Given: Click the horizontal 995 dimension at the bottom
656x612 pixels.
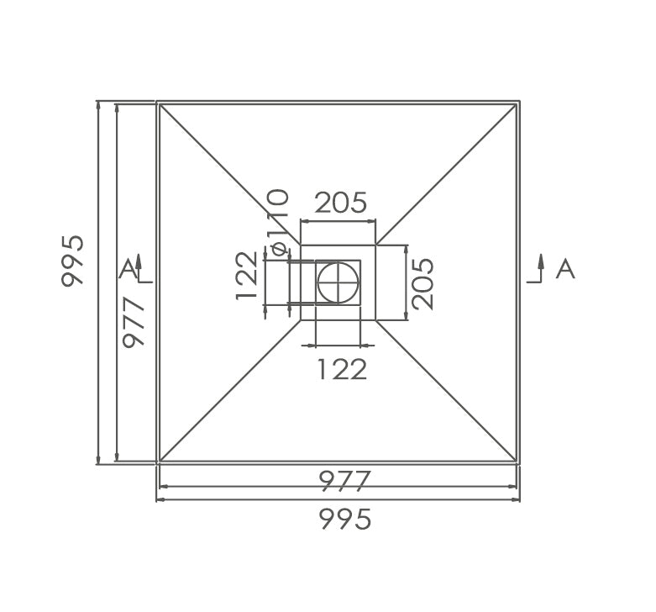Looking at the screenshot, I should click(x=344, y=520).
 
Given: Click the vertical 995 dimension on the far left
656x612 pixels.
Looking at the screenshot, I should click(x=73, y=261).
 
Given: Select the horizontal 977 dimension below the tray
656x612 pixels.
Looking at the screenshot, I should click(x=344, y=481).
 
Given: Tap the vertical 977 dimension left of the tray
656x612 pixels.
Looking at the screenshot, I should click(x=134, y=323).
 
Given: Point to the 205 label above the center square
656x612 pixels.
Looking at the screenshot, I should click(x=340, y=203).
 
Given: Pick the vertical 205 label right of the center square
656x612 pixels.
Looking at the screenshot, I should click(x=422, y=283).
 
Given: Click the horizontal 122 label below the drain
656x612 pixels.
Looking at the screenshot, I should click(x=341, y=368).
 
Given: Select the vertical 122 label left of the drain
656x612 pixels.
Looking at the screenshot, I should click(x=247, y=275).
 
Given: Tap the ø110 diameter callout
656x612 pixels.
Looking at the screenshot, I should click(x=278, y=221).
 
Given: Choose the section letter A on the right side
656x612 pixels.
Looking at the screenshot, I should click(x=565, y=269).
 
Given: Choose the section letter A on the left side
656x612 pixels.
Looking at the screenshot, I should click(x=127, y=269).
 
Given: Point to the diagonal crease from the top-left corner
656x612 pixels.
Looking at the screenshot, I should click(x=227, y=172).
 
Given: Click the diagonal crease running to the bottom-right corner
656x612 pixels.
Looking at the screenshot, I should click(x=445, y=390).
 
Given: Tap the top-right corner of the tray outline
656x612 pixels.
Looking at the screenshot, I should click(x=519, y=103).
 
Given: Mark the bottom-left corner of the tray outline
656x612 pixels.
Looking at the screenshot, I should click(x=158, y=462).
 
